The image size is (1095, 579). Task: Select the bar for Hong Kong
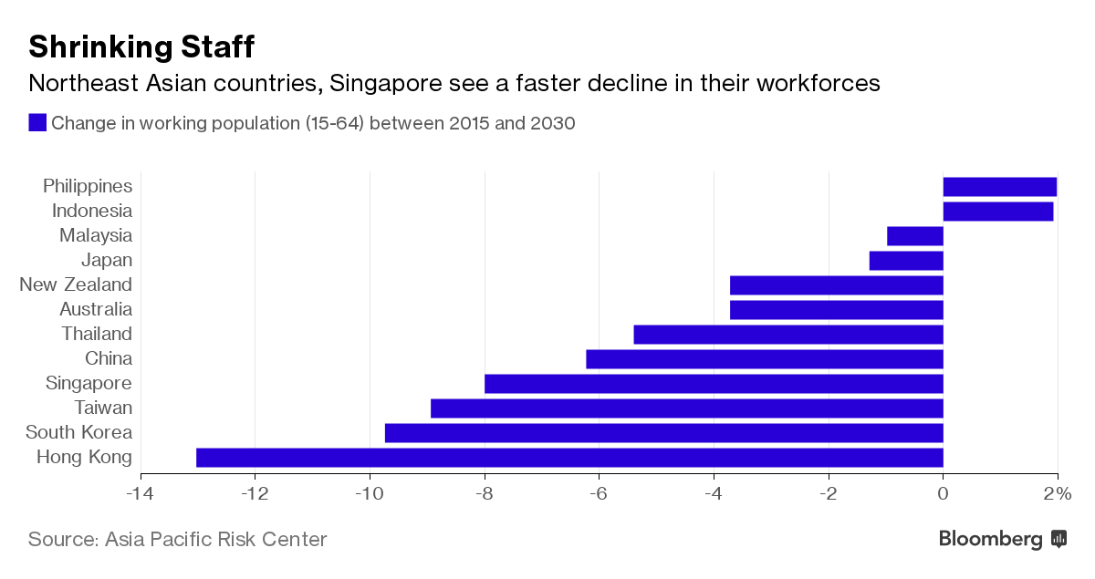point(569,458)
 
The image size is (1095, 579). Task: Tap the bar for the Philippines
point(999,187)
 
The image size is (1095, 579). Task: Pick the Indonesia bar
point(997,212)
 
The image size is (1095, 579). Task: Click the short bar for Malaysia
point(914,236)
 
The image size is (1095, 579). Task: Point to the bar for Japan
point(905,261)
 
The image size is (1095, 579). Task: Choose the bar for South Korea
point(663,433)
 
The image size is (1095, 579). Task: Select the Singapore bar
point(714,384)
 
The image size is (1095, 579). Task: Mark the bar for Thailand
point(787,335)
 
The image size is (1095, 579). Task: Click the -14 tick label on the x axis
point(141,494)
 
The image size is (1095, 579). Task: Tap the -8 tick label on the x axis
point(484,494)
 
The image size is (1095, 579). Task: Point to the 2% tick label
point(1057,494)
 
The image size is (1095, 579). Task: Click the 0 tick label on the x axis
point(943,494)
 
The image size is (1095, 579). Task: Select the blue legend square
point(37,123)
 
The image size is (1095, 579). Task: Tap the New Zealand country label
point(76,285)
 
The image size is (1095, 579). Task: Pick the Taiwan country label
point(103,408)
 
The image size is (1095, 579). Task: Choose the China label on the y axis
point(109,359)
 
